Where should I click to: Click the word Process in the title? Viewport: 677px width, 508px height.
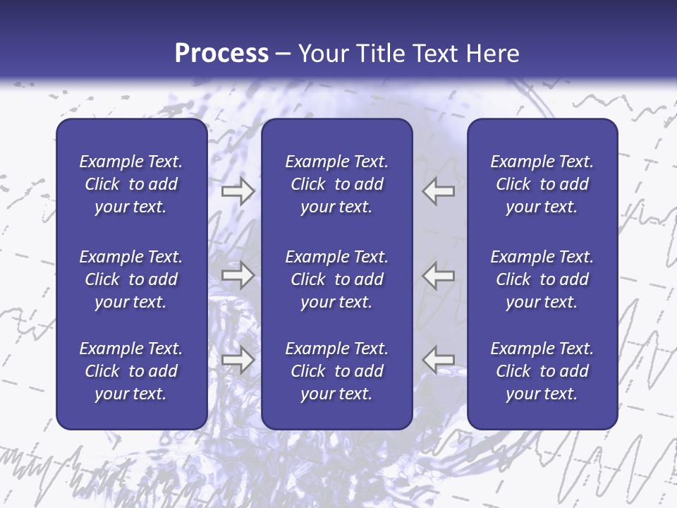221,54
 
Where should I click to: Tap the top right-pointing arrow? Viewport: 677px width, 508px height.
238,191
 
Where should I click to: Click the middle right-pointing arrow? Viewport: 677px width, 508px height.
238,275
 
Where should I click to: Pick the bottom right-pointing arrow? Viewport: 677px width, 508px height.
238,360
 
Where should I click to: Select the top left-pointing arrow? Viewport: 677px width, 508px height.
439,191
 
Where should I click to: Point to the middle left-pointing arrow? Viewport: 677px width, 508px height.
439,275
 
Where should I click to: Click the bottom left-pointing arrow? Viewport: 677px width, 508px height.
439,360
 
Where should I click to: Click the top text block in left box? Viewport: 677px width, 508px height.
131,184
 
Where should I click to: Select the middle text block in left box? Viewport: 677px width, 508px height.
131,279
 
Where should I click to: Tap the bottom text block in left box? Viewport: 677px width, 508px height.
131,371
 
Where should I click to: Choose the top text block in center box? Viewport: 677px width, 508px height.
337,184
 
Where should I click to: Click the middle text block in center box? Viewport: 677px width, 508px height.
337,279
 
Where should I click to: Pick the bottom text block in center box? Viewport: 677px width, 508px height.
337,371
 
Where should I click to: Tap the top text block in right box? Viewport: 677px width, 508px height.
542,184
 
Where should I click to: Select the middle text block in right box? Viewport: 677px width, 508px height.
542,279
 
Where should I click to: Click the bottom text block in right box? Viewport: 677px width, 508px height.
542,371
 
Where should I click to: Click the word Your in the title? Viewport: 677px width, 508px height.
321,54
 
